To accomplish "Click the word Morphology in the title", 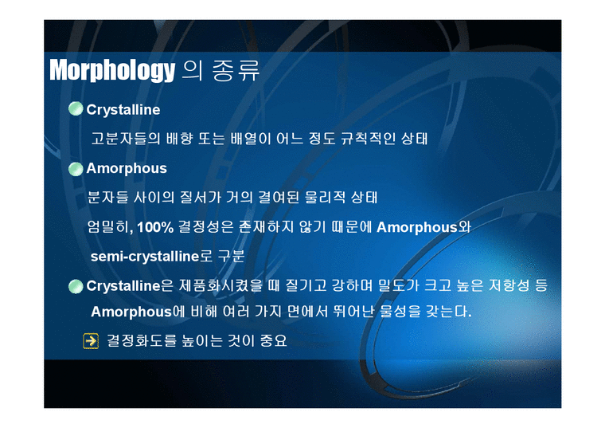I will tap(111, 71).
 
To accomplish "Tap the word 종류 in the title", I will tap(236, 71).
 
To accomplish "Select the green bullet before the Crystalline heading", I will tap(76, 109).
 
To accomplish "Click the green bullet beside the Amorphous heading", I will tap(76, 168).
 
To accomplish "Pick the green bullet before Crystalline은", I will tap(76, 285).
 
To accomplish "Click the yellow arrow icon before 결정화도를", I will tap(90, 340).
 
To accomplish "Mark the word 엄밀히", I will tap(109, 227).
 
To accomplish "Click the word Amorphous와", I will tap(423, 227).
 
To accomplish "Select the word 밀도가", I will tap(407, 285).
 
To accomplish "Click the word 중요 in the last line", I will tap(271, 340).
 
